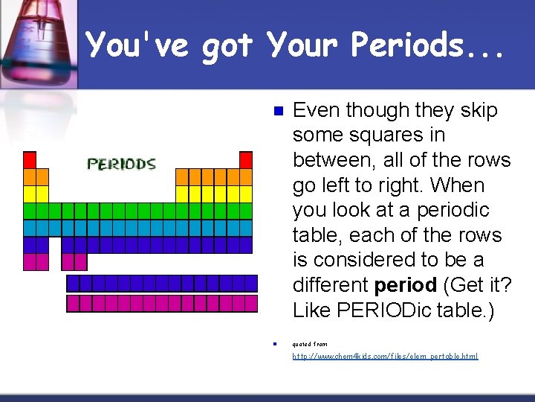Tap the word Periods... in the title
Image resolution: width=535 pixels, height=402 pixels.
pyautogui.click(x=428, y=45)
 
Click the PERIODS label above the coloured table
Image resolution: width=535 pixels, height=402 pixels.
pyautogui.click(x=121, y=164)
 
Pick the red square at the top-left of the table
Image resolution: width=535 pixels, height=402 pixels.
pyautogui.click(x=30, y=159)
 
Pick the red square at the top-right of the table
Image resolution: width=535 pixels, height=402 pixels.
pyautogui.click(x=246, y=159)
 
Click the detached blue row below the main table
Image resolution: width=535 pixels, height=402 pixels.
pyautogui.click(x=162, y=283)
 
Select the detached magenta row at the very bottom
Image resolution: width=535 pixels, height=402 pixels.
pyautogui.click(x=162, y=303)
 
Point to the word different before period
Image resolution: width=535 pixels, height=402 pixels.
pyautogui.click(x=331, y=284)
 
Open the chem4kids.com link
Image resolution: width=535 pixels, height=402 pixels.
pyautogui.click(x=385, y=357)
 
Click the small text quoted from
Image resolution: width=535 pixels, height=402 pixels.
pyautogui.click(x=310, y=344)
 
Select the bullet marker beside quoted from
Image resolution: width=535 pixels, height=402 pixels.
pyautogui.click(x=274, y=344)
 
